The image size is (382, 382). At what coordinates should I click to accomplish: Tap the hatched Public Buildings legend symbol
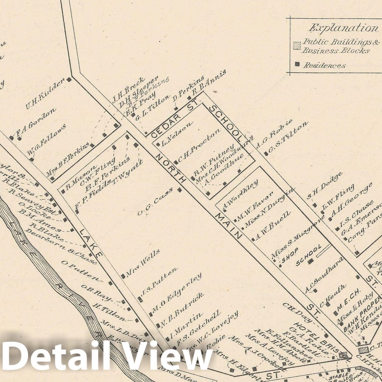(x=297, y=46)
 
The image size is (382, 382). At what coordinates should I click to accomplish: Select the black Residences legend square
(x=297, y=64)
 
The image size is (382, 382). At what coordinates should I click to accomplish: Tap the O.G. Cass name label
(x=155, y=201)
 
